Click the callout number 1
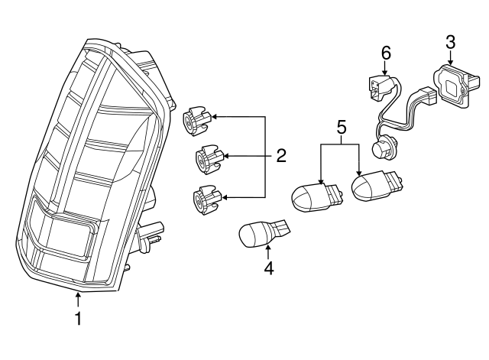(x=78, y=318)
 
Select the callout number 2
(x=281, y=156)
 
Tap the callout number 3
(x=450, y=43)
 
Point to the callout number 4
(x=268, y=268)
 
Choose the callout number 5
(x=342, y=128)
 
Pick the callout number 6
(x=386, y=53)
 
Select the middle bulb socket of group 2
(x=209, y=159)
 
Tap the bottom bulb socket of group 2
(x=207, y=199)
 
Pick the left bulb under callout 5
(x=316, y=197)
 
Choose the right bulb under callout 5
(x=377, y=185)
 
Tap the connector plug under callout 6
(x=380, y=87)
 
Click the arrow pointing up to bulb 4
(x=268, y=252)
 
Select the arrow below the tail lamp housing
(x=78, y=299)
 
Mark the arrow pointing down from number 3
(x=450, y=58)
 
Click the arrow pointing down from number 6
(x=384, y=68)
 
